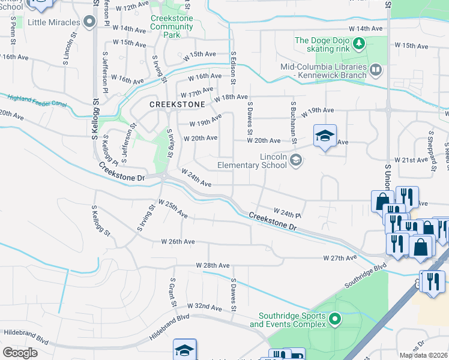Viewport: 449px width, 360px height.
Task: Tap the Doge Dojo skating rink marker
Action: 359,43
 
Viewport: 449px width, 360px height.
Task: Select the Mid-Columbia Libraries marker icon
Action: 375,71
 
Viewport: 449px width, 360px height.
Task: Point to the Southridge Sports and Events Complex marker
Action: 335,319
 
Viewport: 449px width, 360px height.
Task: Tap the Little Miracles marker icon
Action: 90,23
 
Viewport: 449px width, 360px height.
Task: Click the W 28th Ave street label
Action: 212,265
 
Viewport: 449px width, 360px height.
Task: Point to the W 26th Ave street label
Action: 178,241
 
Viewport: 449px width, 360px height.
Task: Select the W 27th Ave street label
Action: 340,257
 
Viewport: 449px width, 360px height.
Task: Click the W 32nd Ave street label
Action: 204,307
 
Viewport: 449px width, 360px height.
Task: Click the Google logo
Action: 20,353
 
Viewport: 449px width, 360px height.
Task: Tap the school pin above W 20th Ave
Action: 325,136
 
